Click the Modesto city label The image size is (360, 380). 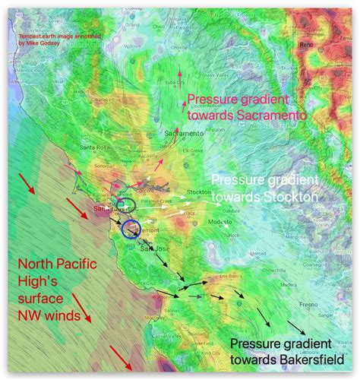coord(220,220)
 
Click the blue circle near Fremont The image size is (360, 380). coord(131,227)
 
